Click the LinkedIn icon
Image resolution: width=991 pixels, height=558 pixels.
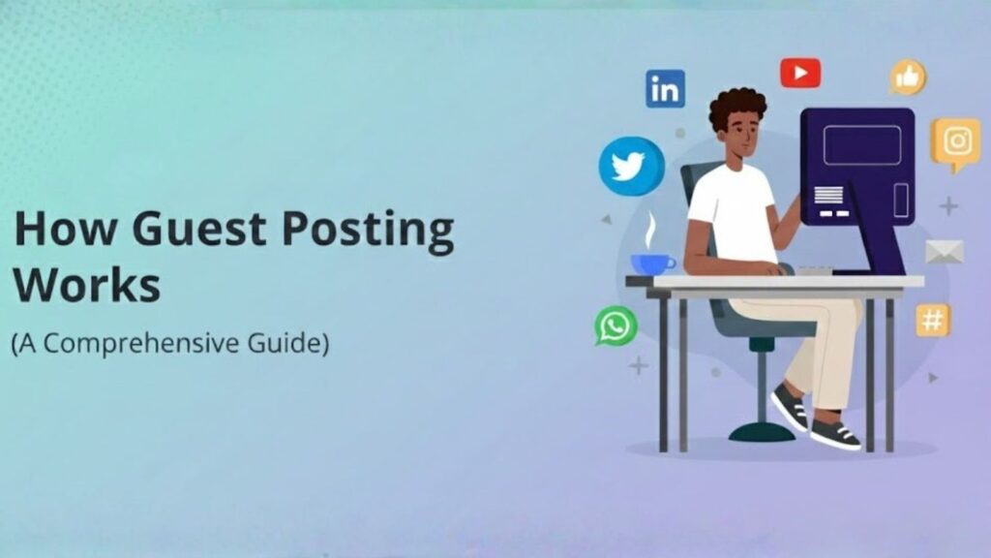(665, 89)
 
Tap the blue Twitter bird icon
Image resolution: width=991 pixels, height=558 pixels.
(631, 167)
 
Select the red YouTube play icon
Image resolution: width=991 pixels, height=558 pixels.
(800, 73)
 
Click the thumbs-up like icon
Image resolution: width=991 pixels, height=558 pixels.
(908, 77)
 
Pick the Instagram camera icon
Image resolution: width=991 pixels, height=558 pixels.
(956, 141)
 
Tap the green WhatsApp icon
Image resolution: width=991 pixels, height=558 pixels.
(616, 325)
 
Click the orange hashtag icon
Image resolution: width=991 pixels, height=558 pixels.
(933, 320)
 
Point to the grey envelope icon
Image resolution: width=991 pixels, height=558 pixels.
(944, 252)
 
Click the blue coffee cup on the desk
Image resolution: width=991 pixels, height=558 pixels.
(652, 263)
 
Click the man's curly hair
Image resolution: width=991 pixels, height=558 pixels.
(737, 107)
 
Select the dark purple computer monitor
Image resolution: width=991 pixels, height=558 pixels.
(857, 165)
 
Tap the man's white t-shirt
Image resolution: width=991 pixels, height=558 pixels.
(732, 213)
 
